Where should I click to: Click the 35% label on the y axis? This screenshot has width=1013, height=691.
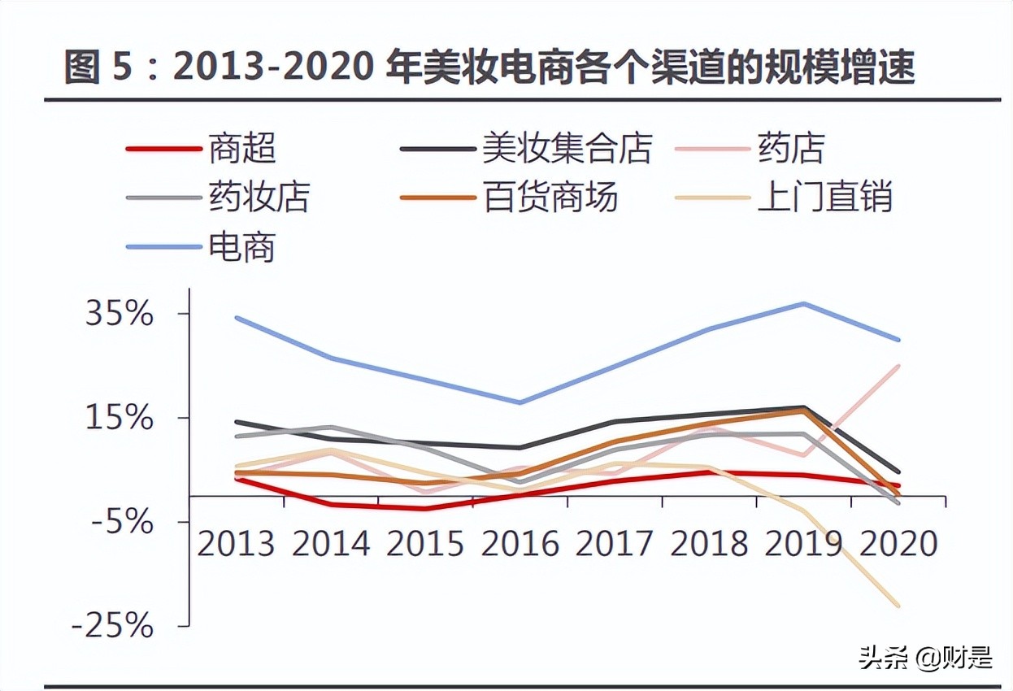pos(120,314)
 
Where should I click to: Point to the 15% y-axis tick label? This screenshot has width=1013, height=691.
pos(120,418)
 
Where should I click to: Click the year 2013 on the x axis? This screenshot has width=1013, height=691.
pos(237,543)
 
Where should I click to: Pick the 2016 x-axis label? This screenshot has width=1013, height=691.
pos(520,543)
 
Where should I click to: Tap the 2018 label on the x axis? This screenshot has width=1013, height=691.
pos(709,543)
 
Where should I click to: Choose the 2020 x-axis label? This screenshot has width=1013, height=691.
pos(898,543)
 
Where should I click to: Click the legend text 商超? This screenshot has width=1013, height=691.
pos(242,148)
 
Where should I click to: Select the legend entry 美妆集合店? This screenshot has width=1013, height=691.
pos(567,148)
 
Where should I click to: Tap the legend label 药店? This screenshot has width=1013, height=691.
pos(791,148)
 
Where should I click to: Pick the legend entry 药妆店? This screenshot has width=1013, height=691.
pos(259,197)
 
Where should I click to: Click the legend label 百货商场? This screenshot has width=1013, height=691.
pos(550,197)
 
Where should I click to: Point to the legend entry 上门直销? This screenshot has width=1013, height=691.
pos(824,197)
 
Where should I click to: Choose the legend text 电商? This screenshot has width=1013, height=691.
pos(242,246)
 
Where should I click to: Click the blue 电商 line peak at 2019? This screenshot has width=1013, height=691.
pos(804,304)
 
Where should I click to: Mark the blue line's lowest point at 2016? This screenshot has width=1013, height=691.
pos(520,402)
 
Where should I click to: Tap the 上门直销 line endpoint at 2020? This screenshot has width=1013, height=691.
pos(898,606)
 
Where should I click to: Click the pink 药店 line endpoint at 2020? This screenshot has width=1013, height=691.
pos(898,366)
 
